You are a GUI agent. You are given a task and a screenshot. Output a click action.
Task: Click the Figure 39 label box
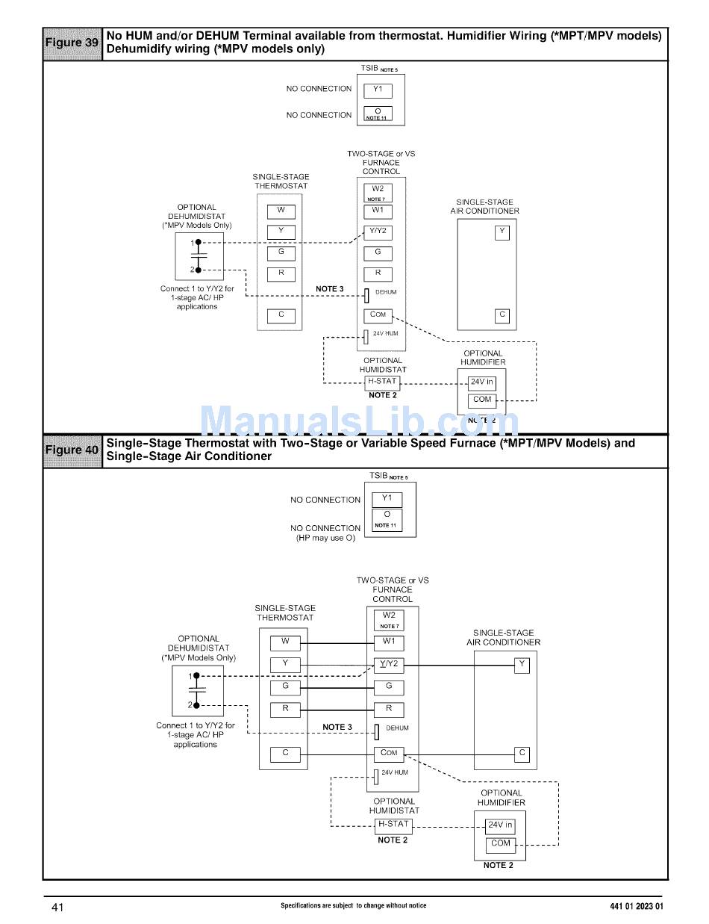tap(72, 43)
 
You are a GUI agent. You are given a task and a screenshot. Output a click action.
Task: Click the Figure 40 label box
tap(72, 450)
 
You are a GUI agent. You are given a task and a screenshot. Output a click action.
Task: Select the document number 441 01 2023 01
tap(636, 907)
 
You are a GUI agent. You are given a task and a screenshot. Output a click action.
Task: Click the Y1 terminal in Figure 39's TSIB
tap(378, 90)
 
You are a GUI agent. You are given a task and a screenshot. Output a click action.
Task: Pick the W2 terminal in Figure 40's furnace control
tap(389, 616)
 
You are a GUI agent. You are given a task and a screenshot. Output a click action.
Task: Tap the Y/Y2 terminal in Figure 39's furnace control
tap(378, 232)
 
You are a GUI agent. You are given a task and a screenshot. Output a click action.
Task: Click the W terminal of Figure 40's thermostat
tap(285, 642)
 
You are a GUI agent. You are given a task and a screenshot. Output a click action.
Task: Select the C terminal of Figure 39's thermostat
tap(281, 315)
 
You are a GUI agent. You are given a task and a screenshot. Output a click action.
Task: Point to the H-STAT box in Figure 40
tap(393, 825)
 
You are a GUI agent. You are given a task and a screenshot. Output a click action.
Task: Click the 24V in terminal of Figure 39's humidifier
tap(482, 382)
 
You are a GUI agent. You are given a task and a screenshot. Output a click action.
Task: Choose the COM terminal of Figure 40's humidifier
tap(501, 844)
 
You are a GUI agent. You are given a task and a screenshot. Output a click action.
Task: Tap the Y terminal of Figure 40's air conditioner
tap(522, 664)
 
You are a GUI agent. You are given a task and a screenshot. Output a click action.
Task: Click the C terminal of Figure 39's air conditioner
tap(502, 315)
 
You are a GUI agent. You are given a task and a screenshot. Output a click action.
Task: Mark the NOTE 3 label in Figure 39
tap(330, 289)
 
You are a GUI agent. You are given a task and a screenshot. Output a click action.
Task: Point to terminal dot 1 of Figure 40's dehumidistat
tap(196, 676)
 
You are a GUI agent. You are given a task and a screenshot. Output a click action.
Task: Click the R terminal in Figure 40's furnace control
tap(389, 709)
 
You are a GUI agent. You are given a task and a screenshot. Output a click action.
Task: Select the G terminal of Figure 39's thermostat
tap(281, 252)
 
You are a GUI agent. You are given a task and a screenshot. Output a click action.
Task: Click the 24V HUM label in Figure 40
tap(395, 772)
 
